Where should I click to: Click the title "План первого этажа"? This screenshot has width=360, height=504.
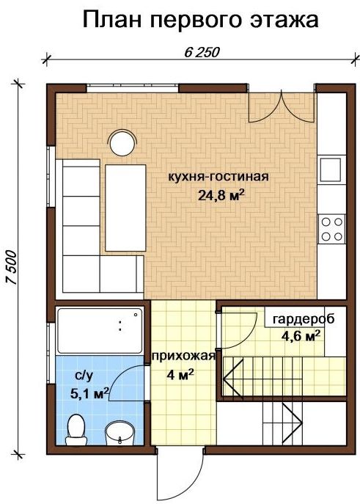pos(201,21)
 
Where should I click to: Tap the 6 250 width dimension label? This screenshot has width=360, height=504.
pos(202,52)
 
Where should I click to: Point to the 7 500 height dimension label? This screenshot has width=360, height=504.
pos(12,267)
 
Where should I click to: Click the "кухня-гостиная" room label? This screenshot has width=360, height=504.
pos(218,177)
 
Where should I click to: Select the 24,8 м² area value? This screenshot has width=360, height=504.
pos(220,195)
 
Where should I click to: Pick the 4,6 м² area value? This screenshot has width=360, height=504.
pos(301,336)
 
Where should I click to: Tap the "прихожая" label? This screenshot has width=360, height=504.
pos(183,356)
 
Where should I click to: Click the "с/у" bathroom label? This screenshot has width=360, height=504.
pos(84,376)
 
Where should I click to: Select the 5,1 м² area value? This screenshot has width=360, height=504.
pos(89,393)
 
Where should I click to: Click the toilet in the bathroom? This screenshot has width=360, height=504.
pos(76,429)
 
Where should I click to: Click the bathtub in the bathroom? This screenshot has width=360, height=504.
pos(99,331)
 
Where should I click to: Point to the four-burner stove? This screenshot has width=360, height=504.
pos(332,229)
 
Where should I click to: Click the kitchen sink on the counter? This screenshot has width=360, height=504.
pos(330,170)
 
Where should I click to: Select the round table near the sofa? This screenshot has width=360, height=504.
pos(122,142)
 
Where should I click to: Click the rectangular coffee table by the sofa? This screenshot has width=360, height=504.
pos(125,208)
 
